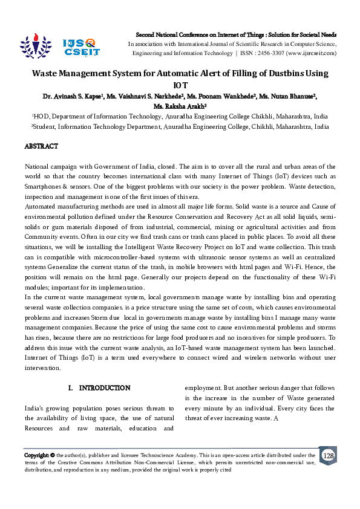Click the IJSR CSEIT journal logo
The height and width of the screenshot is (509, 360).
pyautogui.click(x=80, y=47)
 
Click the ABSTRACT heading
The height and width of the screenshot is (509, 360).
pyautogui.click(x=41, y=146)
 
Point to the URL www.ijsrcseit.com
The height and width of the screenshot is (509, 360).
pyautogui.click(x=313, y=53)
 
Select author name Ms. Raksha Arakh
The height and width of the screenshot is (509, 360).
pyautogui.click(x=180, y=106)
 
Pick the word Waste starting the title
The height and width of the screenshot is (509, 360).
pyautogui.click(x=47, y=74)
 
